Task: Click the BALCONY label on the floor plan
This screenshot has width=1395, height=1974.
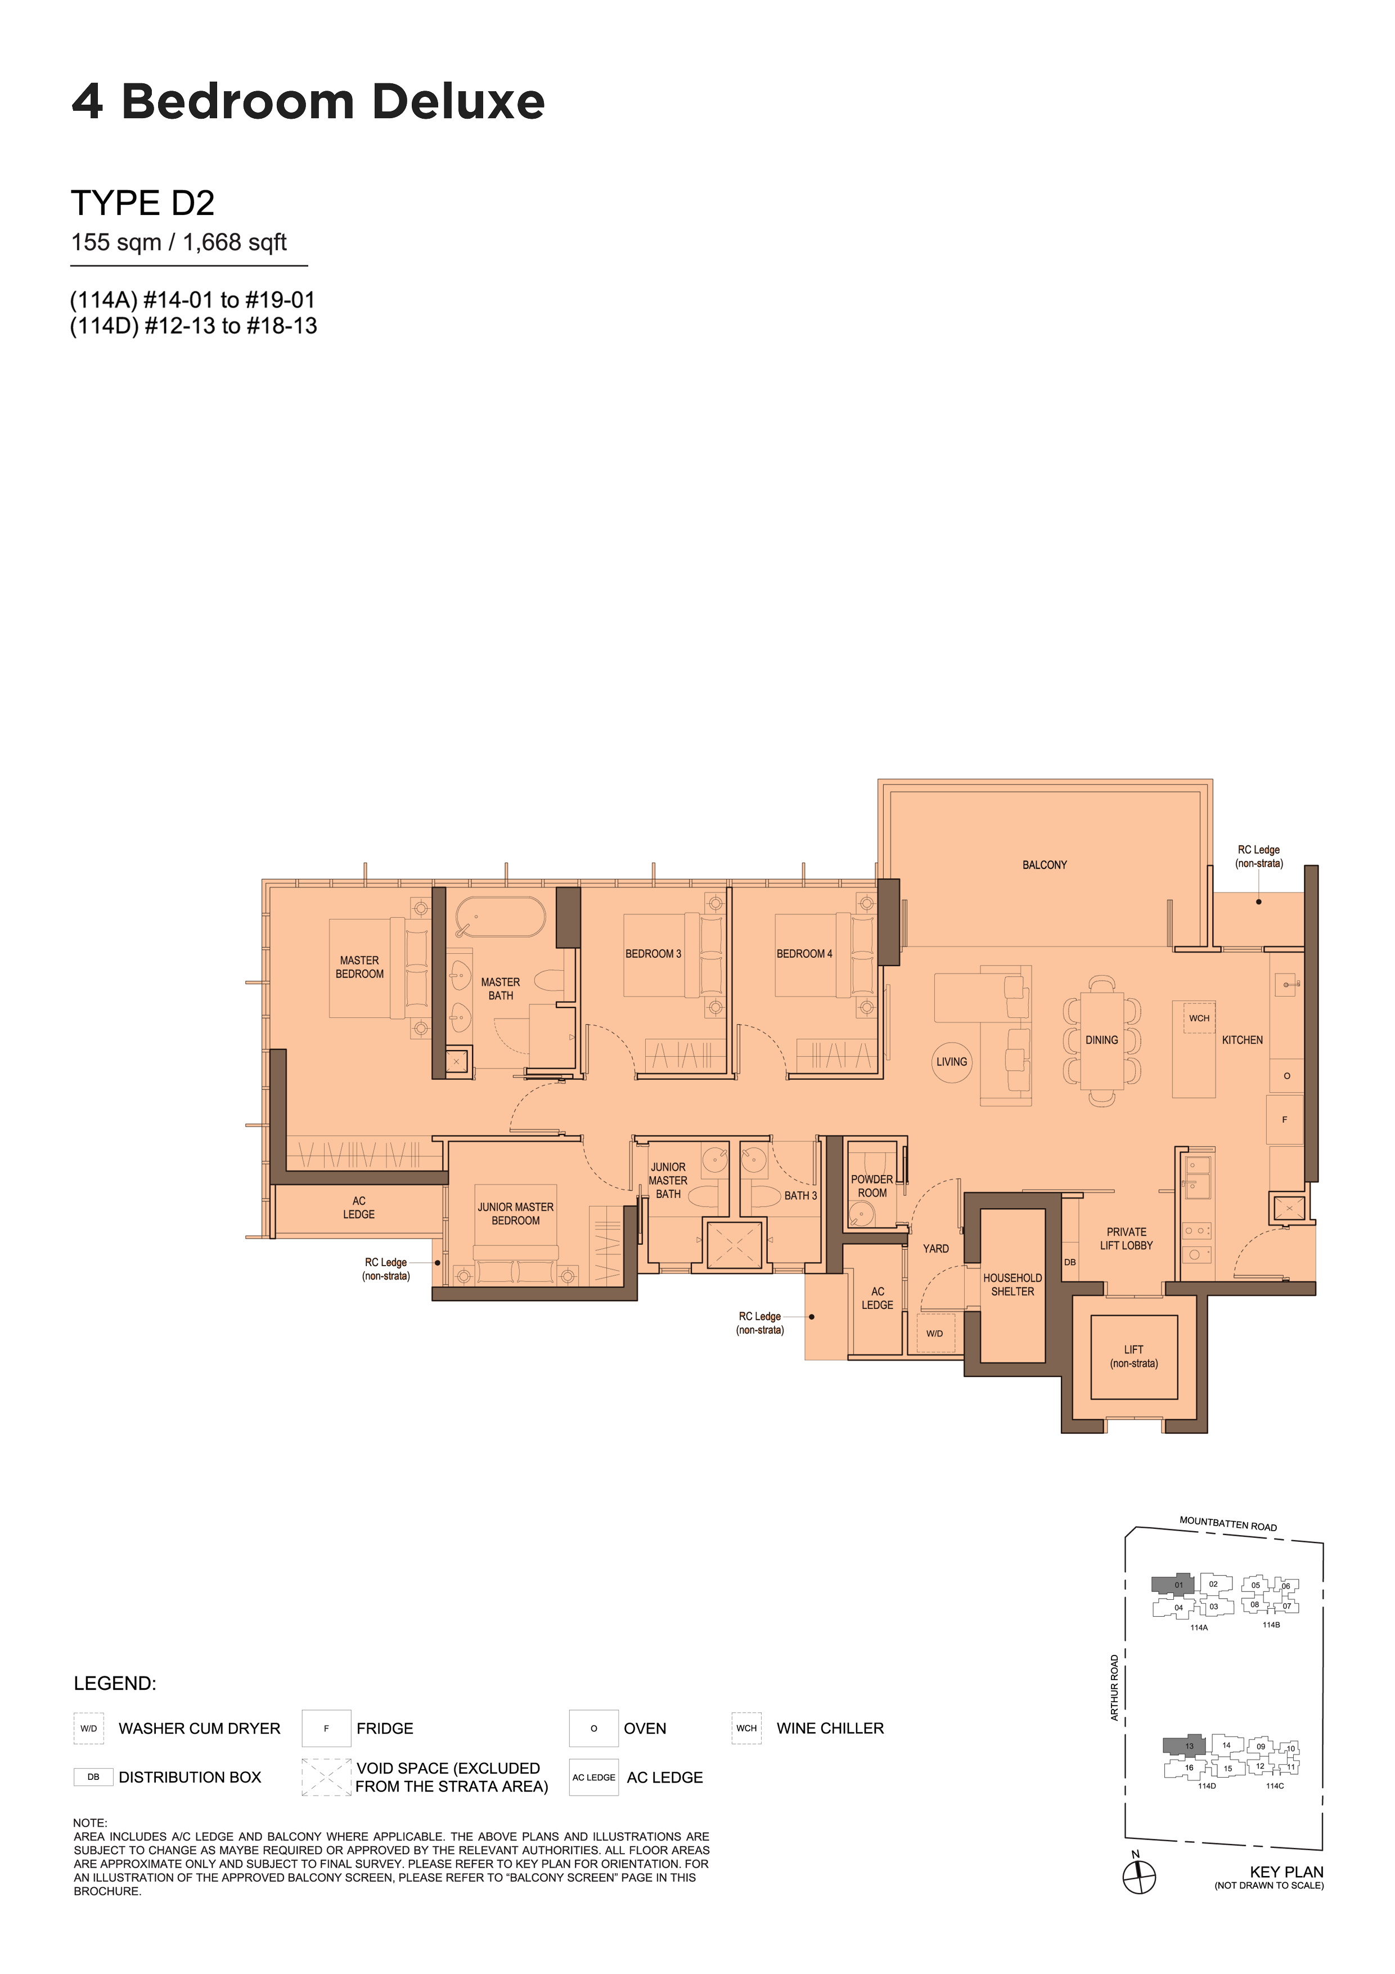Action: click(x=1045, y=865)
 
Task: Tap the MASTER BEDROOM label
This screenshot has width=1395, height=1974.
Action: click(x=359, y=967)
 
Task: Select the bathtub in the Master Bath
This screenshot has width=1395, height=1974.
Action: click(x=500, y=917)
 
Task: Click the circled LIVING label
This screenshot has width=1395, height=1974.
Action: click(x=952, y=1062)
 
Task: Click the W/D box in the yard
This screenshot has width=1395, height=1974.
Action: click(x=935, y=1334)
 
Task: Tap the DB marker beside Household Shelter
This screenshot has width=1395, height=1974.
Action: click(x=1070, y=1263)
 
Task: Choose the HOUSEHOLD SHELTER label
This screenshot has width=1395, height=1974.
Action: click(x=1012, y=1285)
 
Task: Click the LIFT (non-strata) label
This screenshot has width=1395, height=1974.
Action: click(x=1133, y=1357)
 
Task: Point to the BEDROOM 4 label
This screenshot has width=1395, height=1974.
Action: click(x=804, y=953)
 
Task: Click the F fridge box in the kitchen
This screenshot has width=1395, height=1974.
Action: click(x=1285, y=1119)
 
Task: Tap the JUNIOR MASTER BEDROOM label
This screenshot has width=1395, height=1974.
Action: click(x=516, y=1214)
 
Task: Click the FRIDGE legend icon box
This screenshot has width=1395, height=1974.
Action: click(x=327, y=1728)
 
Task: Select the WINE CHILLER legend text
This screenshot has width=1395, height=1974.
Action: click(x=830, y=1728)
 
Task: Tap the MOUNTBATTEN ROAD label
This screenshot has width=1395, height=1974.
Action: click(x=1228, y=1523)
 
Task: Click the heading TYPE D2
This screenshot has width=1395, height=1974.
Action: click(x=143, y=203)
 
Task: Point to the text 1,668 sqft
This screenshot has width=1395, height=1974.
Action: click(x=235, y=243)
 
